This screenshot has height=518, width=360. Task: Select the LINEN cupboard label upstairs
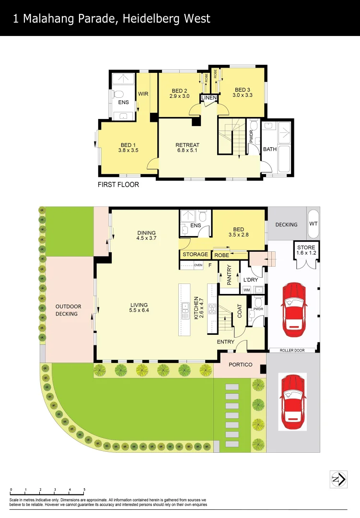point(209,98)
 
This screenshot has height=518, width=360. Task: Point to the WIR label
point(143,94)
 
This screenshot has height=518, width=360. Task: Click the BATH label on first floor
point(270,149)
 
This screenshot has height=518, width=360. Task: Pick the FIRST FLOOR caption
point(118,185)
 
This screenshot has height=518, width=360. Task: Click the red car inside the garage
point(293,309)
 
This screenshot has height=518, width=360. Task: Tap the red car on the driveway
point(292,402)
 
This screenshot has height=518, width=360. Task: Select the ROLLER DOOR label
point(292,351)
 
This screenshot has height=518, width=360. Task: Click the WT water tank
point(314,224)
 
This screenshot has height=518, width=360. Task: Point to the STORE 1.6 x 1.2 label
point(306,250)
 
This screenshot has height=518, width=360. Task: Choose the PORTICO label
point(240,365)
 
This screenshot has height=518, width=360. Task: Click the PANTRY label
point(229,275)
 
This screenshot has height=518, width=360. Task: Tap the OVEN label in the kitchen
point(198,265)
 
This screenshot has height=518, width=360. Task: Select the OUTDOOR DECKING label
point(68,310)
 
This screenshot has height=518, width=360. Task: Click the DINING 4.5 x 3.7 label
point(146,235)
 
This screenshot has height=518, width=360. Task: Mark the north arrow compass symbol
point(338,479)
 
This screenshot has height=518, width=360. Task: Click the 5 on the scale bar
point(84,490)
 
